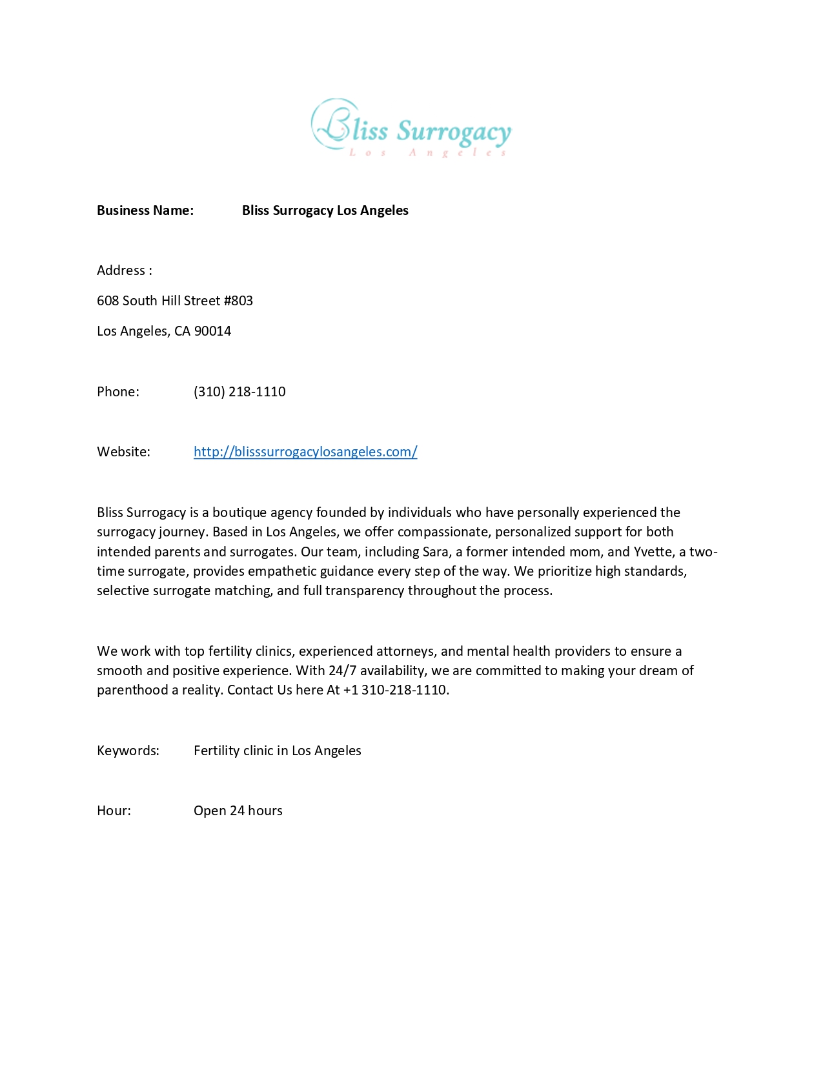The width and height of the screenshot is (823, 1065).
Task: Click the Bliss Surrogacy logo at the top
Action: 411,128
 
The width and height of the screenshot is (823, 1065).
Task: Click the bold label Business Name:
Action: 145,210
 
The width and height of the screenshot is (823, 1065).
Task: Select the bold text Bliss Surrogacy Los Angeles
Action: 325,210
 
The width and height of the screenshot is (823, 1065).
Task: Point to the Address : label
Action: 125,270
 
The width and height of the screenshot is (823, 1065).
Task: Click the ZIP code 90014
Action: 212,331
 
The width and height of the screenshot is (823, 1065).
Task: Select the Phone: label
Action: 118,392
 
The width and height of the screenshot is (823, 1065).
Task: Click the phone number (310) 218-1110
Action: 239,392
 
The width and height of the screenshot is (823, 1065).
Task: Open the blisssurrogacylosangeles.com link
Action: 305,452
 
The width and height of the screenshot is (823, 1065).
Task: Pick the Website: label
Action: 123,452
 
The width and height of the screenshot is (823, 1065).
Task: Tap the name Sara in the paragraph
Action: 435,552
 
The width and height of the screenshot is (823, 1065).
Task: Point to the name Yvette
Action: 654,552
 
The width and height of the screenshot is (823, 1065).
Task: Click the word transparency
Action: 365,591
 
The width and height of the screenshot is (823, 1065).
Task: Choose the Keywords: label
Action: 128,751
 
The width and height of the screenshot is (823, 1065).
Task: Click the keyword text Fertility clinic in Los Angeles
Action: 278,751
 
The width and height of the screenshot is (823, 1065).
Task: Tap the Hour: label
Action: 114,811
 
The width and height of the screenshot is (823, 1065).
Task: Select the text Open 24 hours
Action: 238,811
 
